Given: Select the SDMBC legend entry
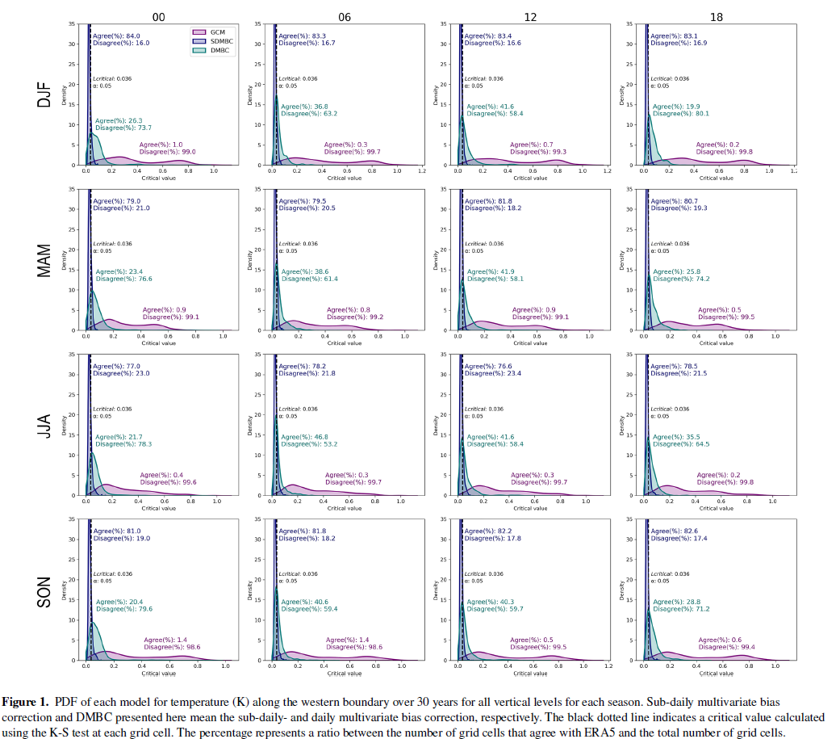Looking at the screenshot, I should tap(215, 40).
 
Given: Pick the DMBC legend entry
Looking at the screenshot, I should tap(212, 49).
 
